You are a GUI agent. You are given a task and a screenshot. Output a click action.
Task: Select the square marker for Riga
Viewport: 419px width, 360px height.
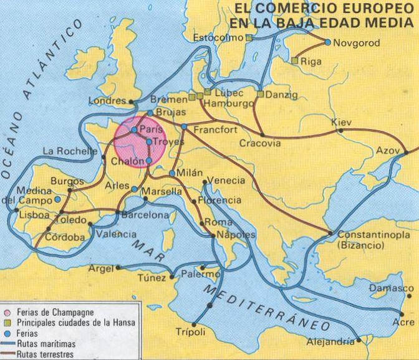pos(294,61)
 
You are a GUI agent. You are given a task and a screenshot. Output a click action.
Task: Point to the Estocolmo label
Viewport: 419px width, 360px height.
pos(218,39)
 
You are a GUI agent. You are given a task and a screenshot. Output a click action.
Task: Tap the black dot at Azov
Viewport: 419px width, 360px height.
pos(405,153)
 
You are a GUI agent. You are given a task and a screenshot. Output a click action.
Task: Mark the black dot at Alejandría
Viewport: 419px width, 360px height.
pos(358,342)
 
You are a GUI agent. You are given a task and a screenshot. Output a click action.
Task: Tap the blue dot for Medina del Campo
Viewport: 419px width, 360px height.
pos(57,199)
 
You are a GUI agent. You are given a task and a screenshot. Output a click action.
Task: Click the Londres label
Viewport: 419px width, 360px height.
pos(107,100)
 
